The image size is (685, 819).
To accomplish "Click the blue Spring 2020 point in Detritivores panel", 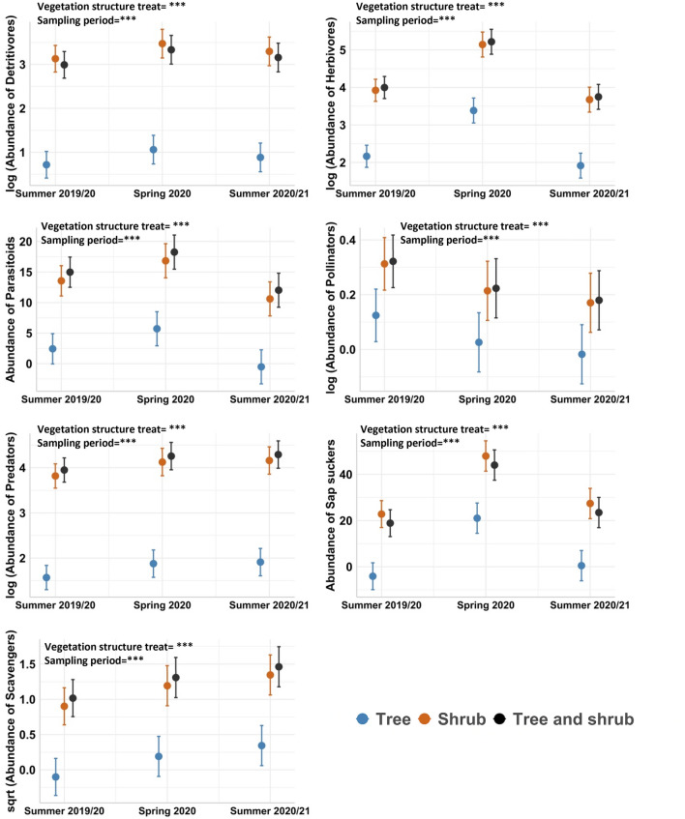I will tap(153, 149).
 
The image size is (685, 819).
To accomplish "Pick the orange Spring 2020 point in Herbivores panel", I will tap(483, 44).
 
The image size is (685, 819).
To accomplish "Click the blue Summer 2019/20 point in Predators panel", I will tap(46, 577).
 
